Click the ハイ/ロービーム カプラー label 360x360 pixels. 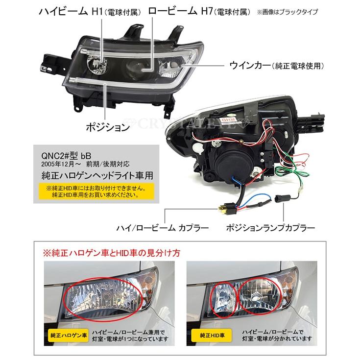(x=162, y=228)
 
